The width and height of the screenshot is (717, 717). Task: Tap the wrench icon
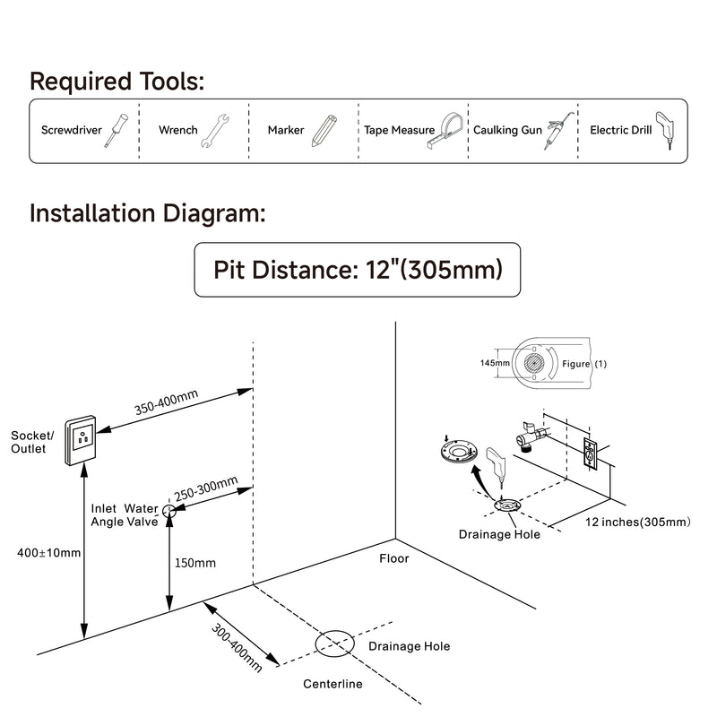(216, 131)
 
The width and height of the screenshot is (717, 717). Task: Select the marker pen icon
(324, 131)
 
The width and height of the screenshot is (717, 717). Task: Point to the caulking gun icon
(557, 132)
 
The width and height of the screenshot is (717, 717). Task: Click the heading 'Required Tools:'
(117, 82)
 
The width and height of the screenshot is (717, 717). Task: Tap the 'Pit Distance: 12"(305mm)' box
(357, 270)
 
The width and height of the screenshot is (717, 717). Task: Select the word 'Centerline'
(333, 685)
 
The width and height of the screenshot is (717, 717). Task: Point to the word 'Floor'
(393, 558)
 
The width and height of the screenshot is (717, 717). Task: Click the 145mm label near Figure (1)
(495, 363)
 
